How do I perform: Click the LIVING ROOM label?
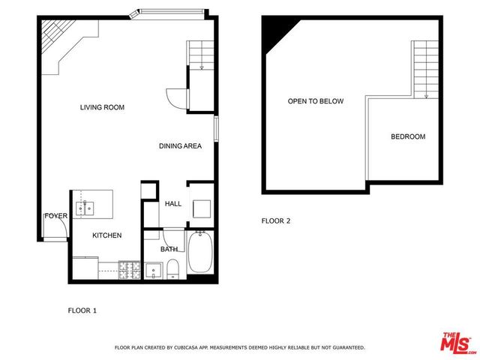(102, 108)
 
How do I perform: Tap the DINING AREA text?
(180, 146)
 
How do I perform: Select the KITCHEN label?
(106, 235)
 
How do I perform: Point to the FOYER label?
(55, 216)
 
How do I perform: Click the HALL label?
(173, 203)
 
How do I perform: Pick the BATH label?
(169, 249)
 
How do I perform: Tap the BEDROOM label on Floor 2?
(408, 136)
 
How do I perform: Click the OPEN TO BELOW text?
(315, 101)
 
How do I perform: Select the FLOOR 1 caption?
(82, 310)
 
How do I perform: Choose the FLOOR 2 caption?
(275, 220)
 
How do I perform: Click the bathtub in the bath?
(200, 253)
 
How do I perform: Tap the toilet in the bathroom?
(172, 268)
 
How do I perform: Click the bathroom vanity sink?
(155, 269)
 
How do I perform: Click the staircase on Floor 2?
(424, 67)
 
